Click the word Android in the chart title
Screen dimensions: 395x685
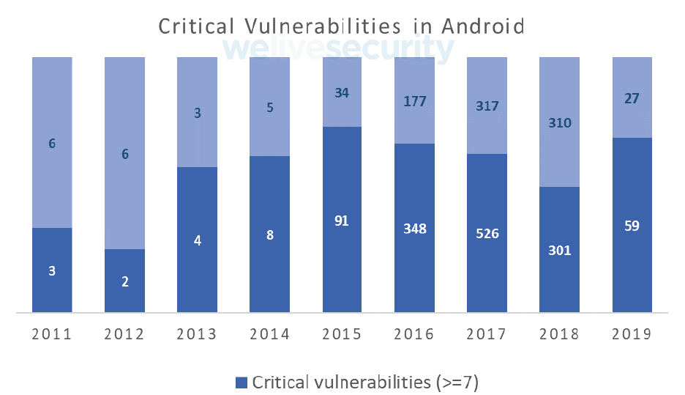(x=483, y=26)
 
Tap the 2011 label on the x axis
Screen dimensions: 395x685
(x=51, y=334)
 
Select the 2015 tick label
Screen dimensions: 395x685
(x=342, y=334)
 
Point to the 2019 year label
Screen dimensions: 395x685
(x=632, y=334)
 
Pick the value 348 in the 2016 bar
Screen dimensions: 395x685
(x=414, y=229)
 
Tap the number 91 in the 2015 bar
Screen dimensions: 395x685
(x=342, y=221)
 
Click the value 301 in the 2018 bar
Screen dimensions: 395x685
(x=559, y=251)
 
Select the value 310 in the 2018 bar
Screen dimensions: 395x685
(x=559, y=122)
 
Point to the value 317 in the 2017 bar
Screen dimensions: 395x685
(x=487, y=106)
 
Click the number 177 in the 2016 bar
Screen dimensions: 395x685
(x=414, y=101)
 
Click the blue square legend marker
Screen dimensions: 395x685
(x=242, y=382)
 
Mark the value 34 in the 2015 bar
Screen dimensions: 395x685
(x=342, y=93)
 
